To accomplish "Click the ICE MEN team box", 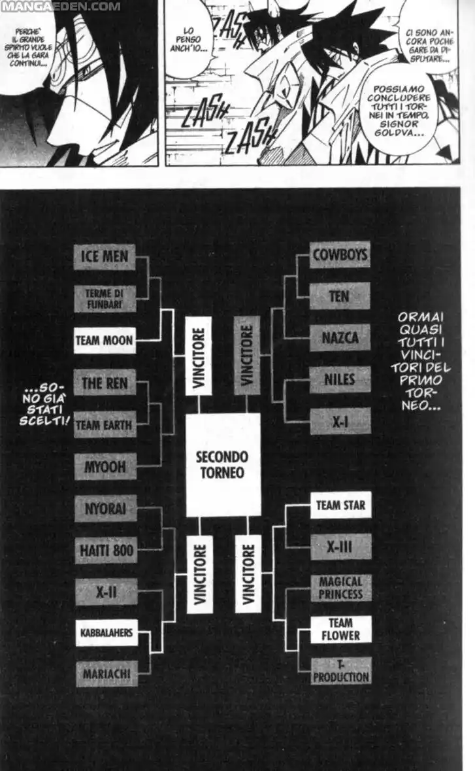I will tap(105, 256).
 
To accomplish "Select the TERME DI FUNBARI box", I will tap(105, 299).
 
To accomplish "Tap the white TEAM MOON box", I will tap(105, 340).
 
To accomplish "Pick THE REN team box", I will tap(105, 383).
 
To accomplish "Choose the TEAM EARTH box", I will tap(105, 424).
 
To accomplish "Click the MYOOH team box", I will tap(105, 467).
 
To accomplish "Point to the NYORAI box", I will tap(105, 508).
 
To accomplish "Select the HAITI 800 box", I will tap(105, 550).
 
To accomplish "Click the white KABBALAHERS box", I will tap(106, 632).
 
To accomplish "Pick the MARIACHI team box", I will tap(106, 673).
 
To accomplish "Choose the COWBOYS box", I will tap(340, 254).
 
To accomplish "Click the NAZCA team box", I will tap(340, 338).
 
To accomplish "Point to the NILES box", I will tap(340, 379).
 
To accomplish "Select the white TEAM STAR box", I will tap(340, 505).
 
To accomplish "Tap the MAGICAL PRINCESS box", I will tap(340, 588).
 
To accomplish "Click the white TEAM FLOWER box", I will tap(340, 629).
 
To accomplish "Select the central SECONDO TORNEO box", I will tap(223, 464).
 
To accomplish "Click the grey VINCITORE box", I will tap(247, 356).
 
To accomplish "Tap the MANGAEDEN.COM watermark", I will tap(60, 6).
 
